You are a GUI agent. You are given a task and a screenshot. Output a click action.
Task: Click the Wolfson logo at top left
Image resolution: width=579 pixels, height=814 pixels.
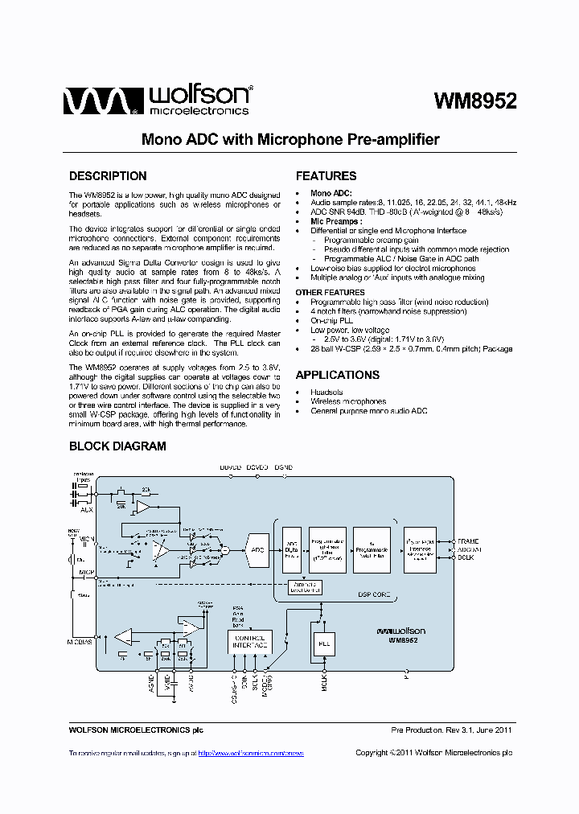click(158, 101)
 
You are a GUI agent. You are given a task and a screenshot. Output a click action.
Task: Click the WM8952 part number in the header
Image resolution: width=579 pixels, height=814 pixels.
click(474, 101)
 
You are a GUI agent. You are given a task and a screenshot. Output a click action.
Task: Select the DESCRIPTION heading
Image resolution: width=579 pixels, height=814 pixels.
click(108, 176)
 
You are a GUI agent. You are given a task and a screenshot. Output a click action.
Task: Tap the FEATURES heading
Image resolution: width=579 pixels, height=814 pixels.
click(326, 176)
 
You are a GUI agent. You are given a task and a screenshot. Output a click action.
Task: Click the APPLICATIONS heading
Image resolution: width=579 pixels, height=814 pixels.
click(337, 375)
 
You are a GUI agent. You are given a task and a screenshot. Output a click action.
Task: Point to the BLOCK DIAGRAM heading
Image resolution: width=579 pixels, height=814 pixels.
click(117, 446)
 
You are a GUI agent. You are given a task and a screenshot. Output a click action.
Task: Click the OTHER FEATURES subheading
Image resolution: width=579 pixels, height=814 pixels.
click(330, 292)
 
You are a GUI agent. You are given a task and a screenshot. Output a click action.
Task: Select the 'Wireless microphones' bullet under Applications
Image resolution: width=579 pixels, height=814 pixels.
click(348, 401)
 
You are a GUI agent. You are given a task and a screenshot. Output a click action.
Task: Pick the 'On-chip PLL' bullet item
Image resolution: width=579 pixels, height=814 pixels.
click(331, 321)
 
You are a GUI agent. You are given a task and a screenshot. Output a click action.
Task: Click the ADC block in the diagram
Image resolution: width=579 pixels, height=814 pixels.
click(257, 549)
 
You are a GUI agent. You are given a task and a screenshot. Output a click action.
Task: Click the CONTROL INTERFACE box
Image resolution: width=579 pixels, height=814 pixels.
click(249, 641)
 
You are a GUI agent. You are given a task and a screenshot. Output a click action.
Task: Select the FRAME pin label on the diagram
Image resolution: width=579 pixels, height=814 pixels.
click(468, 541)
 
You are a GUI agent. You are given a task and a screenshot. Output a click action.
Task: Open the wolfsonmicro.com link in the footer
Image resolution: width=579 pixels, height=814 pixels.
click(251, 753)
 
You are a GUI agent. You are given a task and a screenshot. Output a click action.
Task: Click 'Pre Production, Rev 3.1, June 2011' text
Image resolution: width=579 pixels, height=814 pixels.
click(451, 730)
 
